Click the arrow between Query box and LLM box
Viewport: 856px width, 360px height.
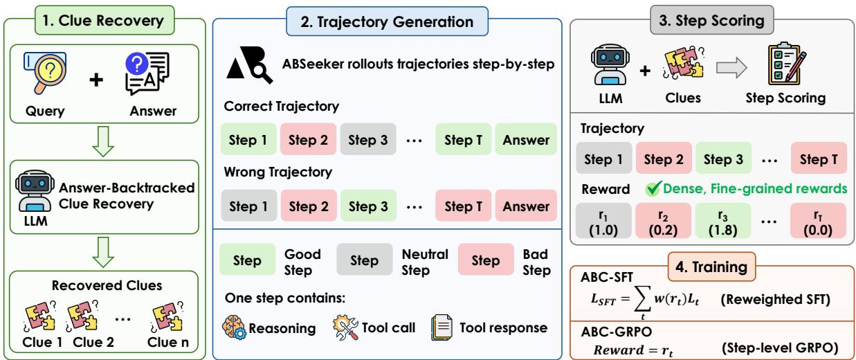click(x=103, y=141)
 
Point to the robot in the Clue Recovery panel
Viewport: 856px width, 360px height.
click(x=35, y=190)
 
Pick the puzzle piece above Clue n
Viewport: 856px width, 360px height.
click(x=167, y=317)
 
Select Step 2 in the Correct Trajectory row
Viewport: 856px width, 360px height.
click(x=308, y=139)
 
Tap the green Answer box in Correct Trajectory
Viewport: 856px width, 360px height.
click(x=526, y=139)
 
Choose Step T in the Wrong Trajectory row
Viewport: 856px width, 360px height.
click(x=463, y=206)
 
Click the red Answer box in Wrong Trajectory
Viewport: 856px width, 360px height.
click(x=526, y=206)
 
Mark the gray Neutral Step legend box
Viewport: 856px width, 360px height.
click(x=364, y=260)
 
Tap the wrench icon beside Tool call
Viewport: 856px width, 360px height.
click(x=345, y=327)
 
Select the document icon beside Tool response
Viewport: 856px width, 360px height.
click(x=441, y=327)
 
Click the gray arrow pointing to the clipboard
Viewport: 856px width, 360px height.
click(x=731, y=68)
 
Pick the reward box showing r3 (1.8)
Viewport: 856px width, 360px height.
click(x=722, y=221)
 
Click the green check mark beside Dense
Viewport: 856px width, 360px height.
click(x=653, y=188)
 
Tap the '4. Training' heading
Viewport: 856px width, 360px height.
click(x=711, y=267)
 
